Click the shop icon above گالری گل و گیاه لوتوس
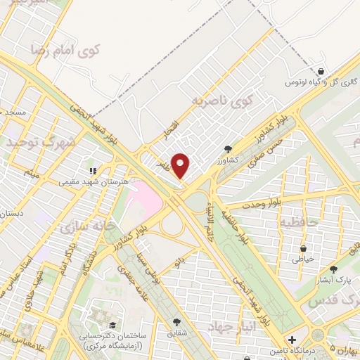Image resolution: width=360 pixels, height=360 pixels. pos(321,72)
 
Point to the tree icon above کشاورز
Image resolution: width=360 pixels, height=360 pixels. pos(229,149)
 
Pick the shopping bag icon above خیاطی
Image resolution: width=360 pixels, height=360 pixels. pos(303,248)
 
